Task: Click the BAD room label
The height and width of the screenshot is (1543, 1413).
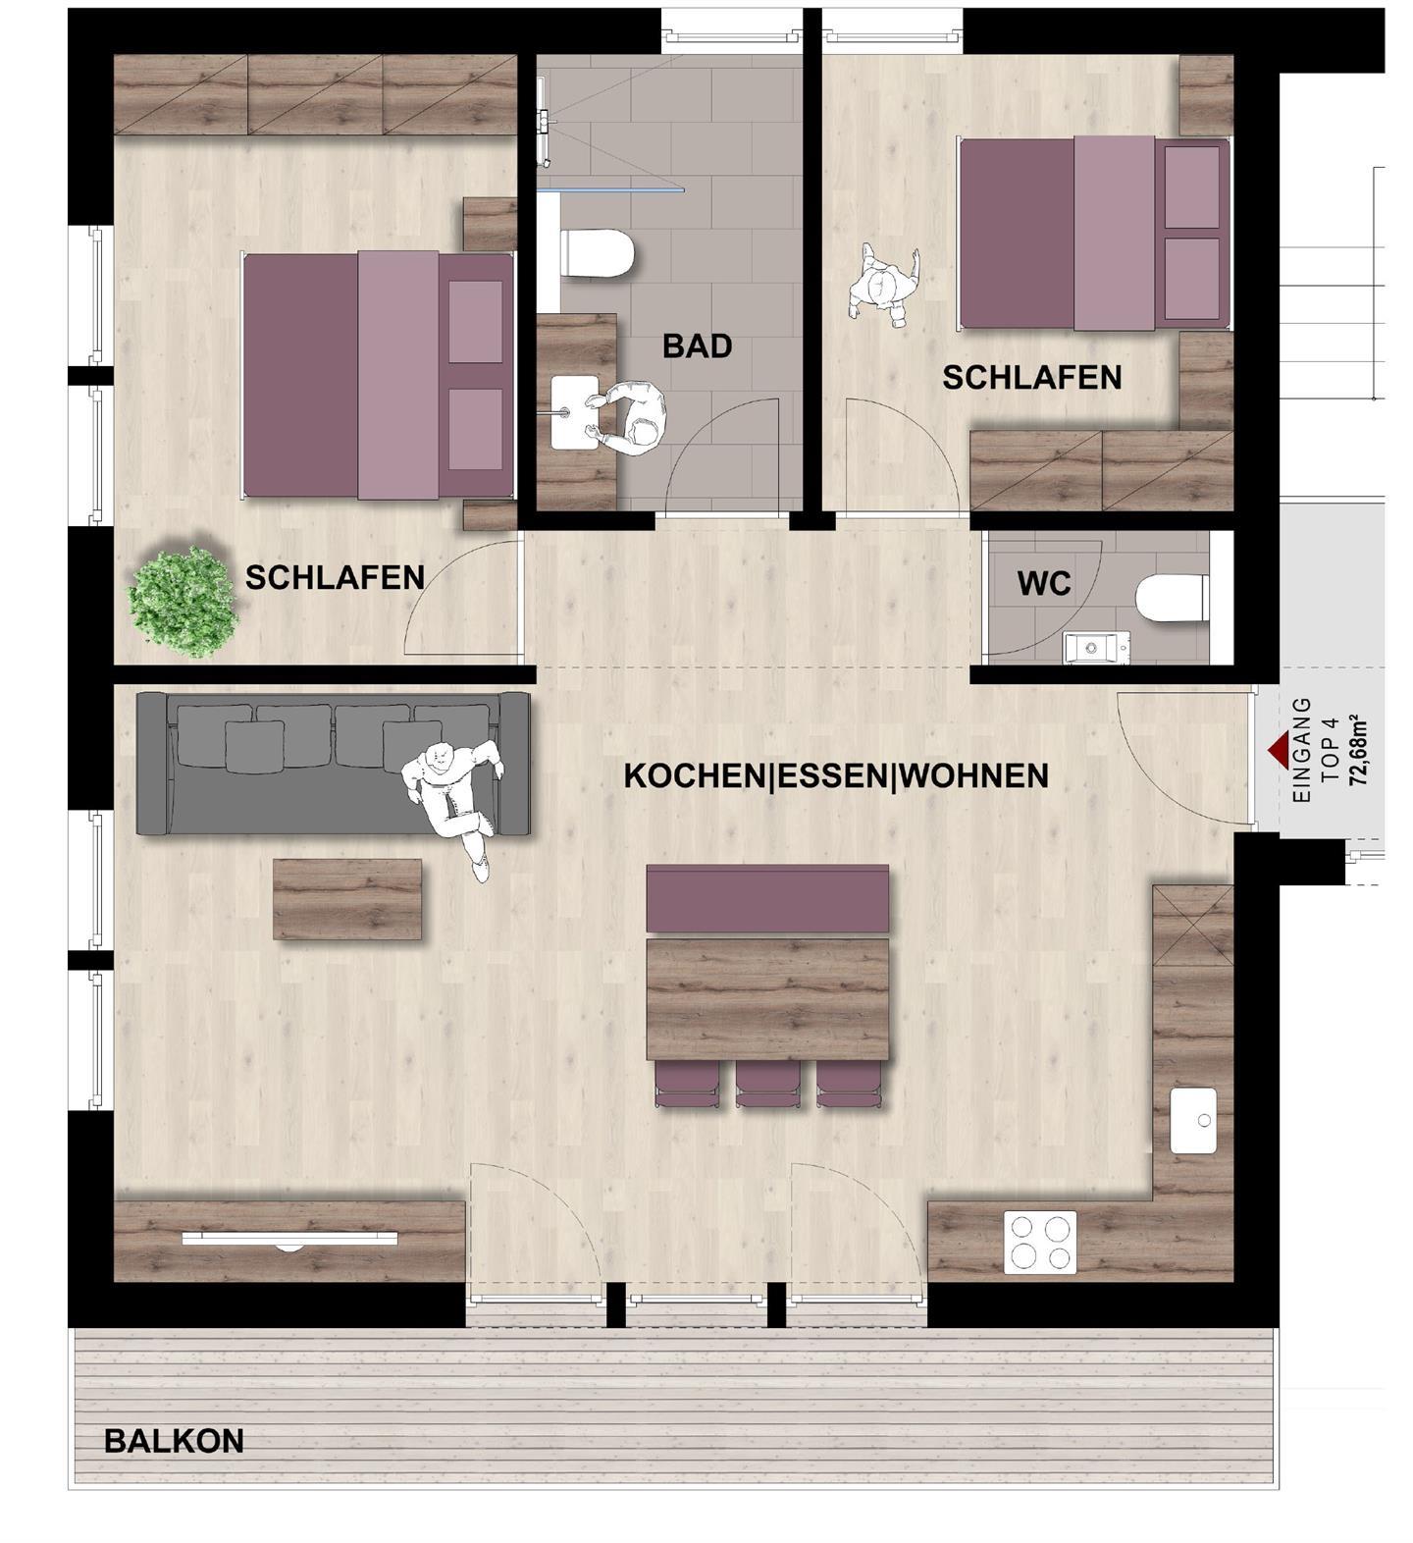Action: (x=697, y=346)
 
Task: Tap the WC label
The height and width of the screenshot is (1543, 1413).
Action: (x=1044, y=584)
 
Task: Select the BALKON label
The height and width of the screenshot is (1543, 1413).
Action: (x=174, y=1441)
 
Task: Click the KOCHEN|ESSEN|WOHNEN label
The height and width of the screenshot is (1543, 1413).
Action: (x=836, y=776)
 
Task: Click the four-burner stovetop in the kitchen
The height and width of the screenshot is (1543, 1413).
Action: (x=1040, y=1243)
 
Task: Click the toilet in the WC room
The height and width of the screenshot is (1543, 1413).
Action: (x=1172, y=599)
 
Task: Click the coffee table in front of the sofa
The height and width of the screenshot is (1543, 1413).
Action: (x=347, y=899)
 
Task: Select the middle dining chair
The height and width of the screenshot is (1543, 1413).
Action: (x=768, y=1085)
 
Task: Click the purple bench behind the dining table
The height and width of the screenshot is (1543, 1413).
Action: (x=767, y=898)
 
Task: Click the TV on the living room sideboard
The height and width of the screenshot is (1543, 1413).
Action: (x=289, y=1240)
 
